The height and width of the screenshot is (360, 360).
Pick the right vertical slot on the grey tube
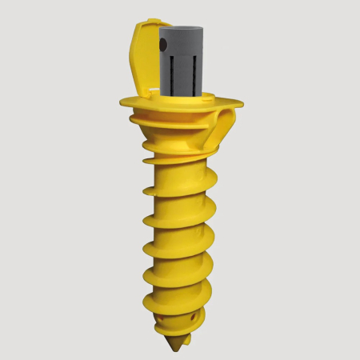(193, 72)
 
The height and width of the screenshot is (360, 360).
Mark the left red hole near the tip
(166, 327)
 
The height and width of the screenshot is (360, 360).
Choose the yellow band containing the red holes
(180, 323)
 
